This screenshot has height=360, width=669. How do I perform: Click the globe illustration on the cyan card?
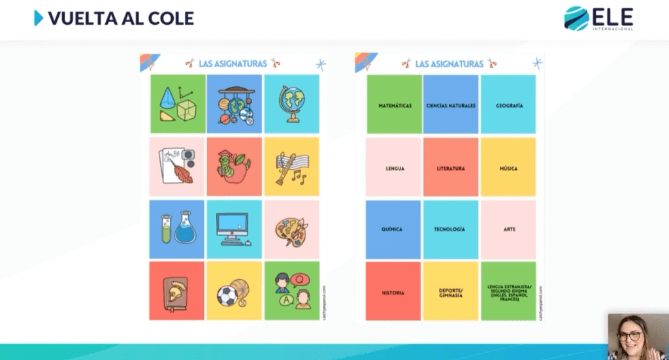tap(291, 104)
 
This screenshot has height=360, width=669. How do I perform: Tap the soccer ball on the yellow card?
tap(226, 296)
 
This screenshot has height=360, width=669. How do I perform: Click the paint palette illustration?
tap(291, 231)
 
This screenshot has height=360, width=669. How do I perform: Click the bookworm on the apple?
tap(231, 167)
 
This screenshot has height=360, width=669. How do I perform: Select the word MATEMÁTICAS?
tap(395, 105)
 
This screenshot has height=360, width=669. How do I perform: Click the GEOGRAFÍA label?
tap(508, 105)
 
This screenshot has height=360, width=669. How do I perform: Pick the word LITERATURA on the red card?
tap(451, 169)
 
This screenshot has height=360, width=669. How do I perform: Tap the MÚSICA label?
tap(508, 169)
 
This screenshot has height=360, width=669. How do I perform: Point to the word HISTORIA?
tap(393, 293)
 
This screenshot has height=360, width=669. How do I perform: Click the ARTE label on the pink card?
tap(510, 229)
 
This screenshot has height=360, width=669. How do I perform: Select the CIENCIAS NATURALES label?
tap(451, 105)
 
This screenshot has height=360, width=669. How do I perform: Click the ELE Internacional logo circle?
tap(576, 18)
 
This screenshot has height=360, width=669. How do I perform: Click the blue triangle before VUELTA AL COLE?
tap(39, 18)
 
